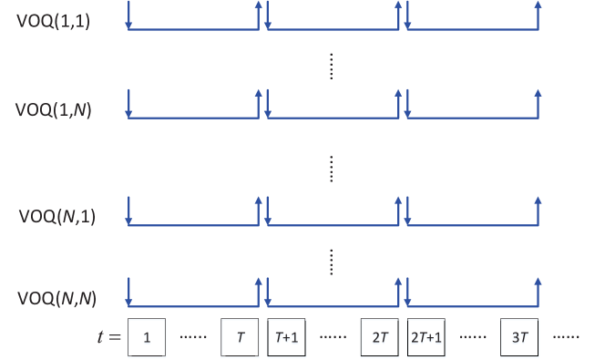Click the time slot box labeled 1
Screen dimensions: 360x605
(147, 337)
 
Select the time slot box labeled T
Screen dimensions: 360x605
(241, 337)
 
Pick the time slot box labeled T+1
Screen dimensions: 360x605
(288, 337)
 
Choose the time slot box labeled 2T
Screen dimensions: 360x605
(380, 337)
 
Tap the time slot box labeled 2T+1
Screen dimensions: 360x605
(427, 337)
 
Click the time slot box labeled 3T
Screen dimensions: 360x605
(520, 337)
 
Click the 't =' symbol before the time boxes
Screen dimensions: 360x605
(108, 337)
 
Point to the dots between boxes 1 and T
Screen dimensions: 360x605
(193, 337)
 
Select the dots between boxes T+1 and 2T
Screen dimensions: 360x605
(333, 337)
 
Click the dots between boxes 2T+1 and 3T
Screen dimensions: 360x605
(474, 337)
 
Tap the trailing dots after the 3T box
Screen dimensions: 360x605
(566, 337)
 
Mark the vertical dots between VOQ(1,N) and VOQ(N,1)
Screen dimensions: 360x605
(332, 167)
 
